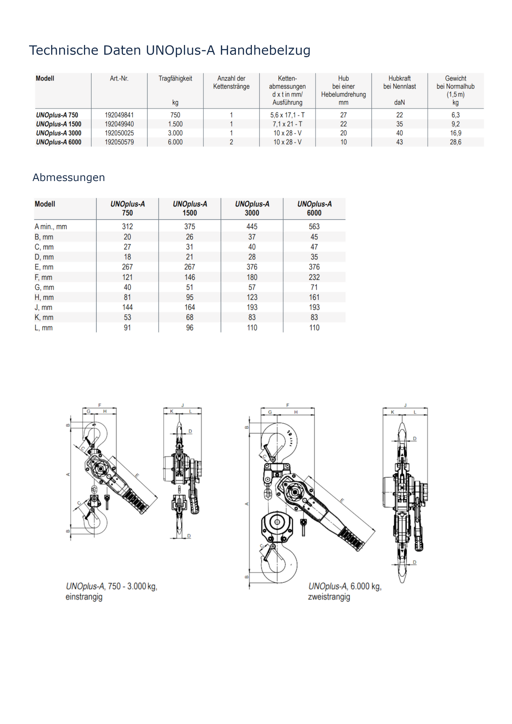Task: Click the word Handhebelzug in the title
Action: click(265, 51)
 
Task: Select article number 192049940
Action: click(119, 124)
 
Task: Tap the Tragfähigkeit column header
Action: click(175, 79)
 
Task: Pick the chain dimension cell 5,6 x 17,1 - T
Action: click(287, 115)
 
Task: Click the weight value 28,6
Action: click(455, 142)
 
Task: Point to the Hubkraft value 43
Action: click(399, 142)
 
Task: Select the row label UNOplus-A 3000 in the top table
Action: click(58, 133)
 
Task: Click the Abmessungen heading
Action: click(69, 177)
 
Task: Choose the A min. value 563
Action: click(314, 227)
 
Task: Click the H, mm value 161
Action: click(314, 298)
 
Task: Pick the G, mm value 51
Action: click(190, 287)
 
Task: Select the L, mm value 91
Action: click(127, 328)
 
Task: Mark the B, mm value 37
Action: click(252, 237)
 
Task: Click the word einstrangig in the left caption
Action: click(84, 597)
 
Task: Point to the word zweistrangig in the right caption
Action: click(329, 597)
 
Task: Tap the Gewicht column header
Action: click(455, 79)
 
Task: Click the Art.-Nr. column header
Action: click(119, 79)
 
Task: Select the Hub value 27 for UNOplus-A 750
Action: click(343, 115)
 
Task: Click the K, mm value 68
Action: click(190, 317)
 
